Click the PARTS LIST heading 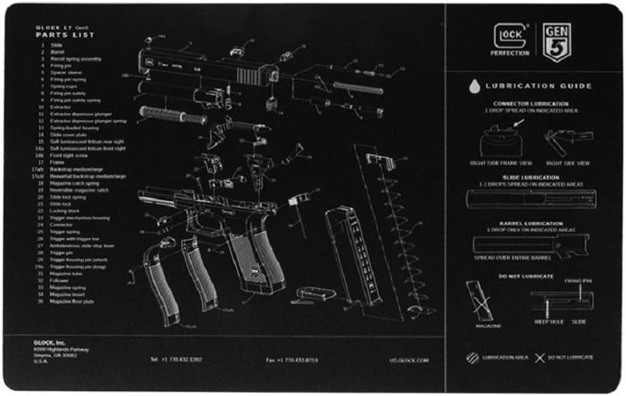pyautogui.click(x=65, y=35)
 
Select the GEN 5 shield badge pyautogui.click(x=557, y=42)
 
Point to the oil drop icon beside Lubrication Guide pyautogui.click(x=475, y=86)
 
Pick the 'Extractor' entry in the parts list pyautogui.click(x=63, y=107)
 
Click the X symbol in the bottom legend pyautogui.click(x=540, y=357)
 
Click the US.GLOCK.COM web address pyautogui.click(x=409, y=360)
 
